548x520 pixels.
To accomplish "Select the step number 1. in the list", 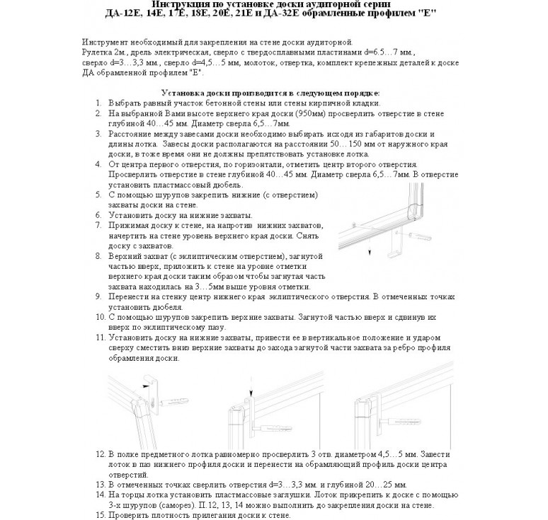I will (x=98, y=103).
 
